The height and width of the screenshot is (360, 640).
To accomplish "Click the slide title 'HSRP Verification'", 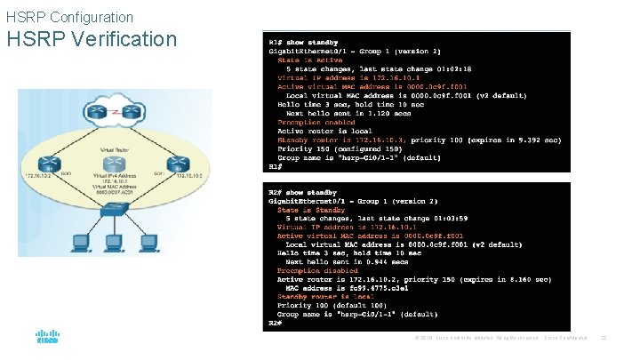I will pos(92,39).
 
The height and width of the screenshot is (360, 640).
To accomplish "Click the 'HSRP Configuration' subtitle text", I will pos(69,17).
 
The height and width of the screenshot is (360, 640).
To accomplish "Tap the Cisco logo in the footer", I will pos(47,338).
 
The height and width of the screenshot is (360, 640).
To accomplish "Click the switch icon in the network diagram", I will pos(115,211).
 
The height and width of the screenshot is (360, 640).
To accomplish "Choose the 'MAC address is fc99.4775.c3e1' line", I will pos(348,288).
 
